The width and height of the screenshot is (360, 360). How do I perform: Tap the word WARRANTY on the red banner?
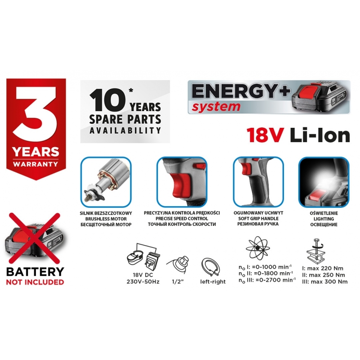[x=36, y=164]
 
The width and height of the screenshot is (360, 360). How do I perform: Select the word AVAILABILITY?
[x=125, y=130]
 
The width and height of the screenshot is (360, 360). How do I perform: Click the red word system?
[x=216, y=107]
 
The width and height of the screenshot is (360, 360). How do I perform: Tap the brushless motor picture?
[x=106, y=182]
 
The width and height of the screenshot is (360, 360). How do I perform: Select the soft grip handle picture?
[x=258, y=182]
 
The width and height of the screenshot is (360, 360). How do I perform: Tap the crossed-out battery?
[x=35, y=239]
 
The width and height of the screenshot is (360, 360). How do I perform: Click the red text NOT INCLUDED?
[x=35, y=282]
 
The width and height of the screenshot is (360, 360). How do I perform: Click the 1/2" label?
[x=178, y=282]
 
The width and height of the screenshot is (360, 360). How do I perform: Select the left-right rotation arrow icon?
[x=211, y=267]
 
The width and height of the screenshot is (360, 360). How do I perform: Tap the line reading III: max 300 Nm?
[x=324, y=282]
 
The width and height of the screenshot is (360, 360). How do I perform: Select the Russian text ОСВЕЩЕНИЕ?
[x=324, y=224]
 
